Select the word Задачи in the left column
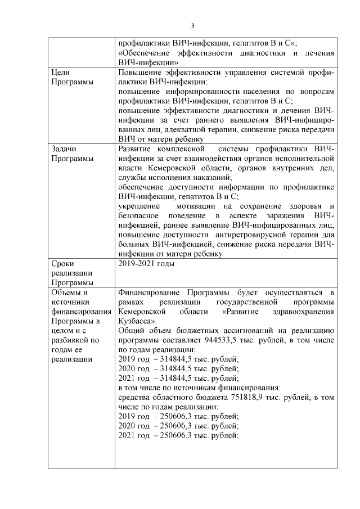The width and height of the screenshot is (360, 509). click(x=64, y=148)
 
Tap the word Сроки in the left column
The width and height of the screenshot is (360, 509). click(x=62, y=263)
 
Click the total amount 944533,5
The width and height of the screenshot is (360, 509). click(x=226, y=340)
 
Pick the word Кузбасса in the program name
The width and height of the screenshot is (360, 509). click(x=135, y=321)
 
